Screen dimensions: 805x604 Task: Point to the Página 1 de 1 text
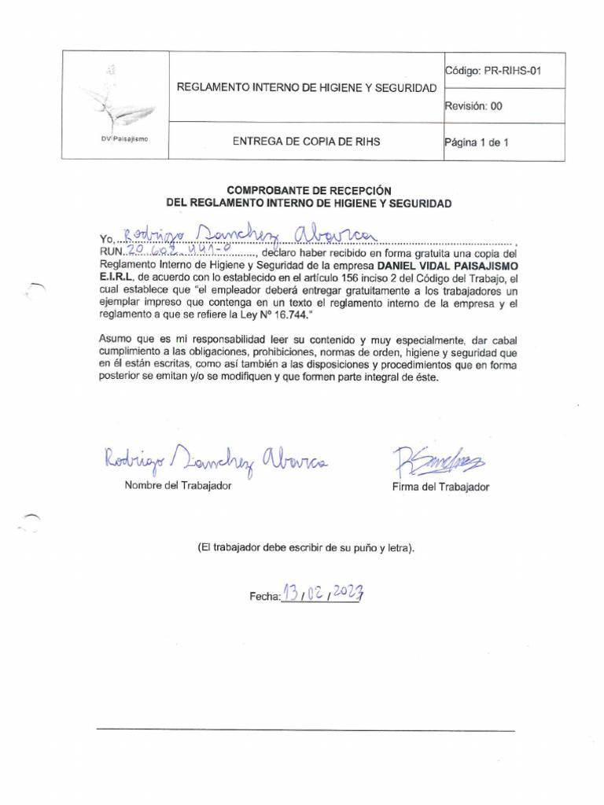pos(477,142)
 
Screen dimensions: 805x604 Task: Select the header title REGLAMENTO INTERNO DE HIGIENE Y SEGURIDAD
pos(307,87)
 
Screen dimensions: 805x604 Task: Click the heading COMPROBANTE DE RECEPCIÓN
pos(308,190)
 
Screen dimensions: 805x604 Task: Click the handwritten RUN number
pos(178,250)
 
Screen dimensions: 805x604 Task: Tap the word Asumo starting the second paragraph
pos(116,340)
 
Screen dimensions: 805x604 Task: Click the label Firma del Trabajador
pos(440,487)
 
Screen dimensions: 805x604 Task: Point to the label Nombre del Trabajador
pos(178,486)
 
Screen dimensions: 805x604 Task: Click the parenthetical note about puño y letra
pos(307,547)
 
